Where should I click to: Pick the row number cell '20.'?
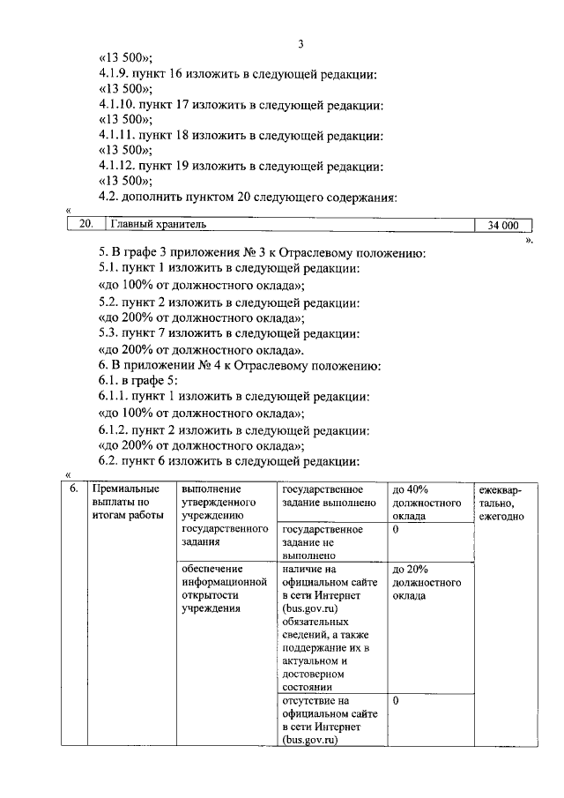pyautogui.click(x=85, y=225)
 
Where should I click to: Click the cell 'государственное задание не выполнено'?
pyautogui.click(x=321, y=542)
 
